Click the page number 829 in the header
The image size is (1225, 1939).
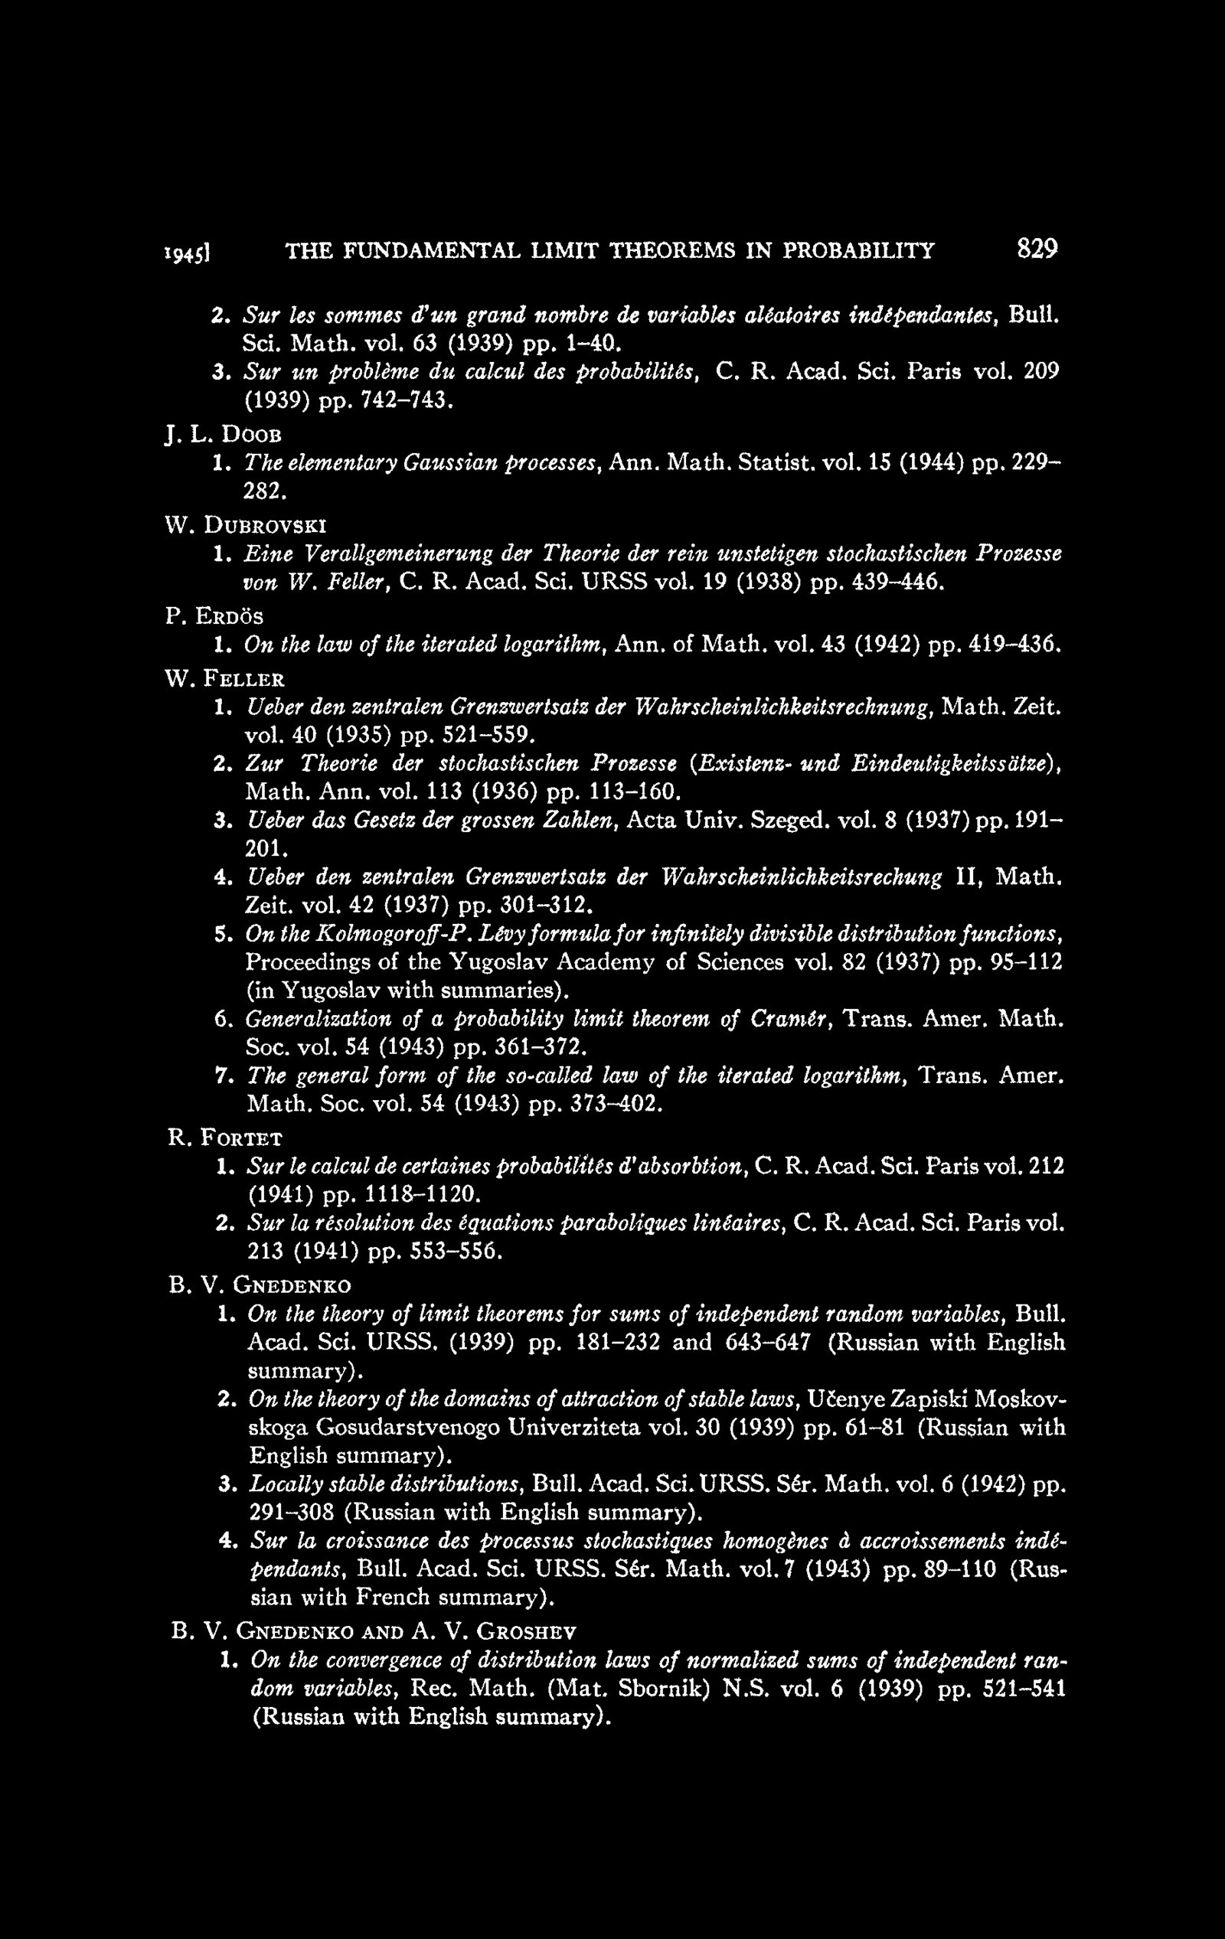(x=1037, y=250)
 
